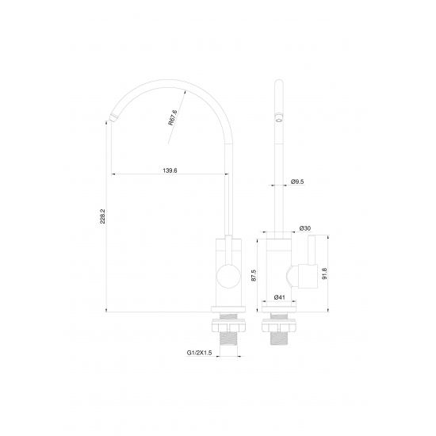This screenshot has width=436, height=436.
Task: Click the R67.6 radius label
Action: [x=172, y=117]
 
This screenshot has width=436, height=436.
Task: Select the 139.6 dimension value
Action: [x=170, y=170]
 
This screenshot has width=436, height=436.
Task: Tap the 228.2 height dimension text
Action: [x=102, y=216]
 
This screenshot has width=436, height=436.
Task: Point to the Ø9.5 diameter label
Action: [x=297, y=182]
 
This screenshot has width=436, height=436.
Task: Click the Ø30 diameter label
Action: [x=305, y=228]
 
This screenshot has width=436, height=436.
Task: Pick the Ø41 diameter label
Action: [x=280, y=297]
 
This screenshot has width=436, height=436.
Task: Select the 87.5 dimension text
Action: [x=254, y=275]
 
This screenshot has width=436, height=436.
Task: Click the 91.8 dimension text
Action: [x=324, y=273]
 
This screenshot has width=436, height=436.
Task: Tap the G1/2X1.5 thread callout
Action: [x=199, y=353]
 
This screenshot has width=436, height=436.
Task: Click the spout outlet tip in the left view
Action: [x=113, y=117]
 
